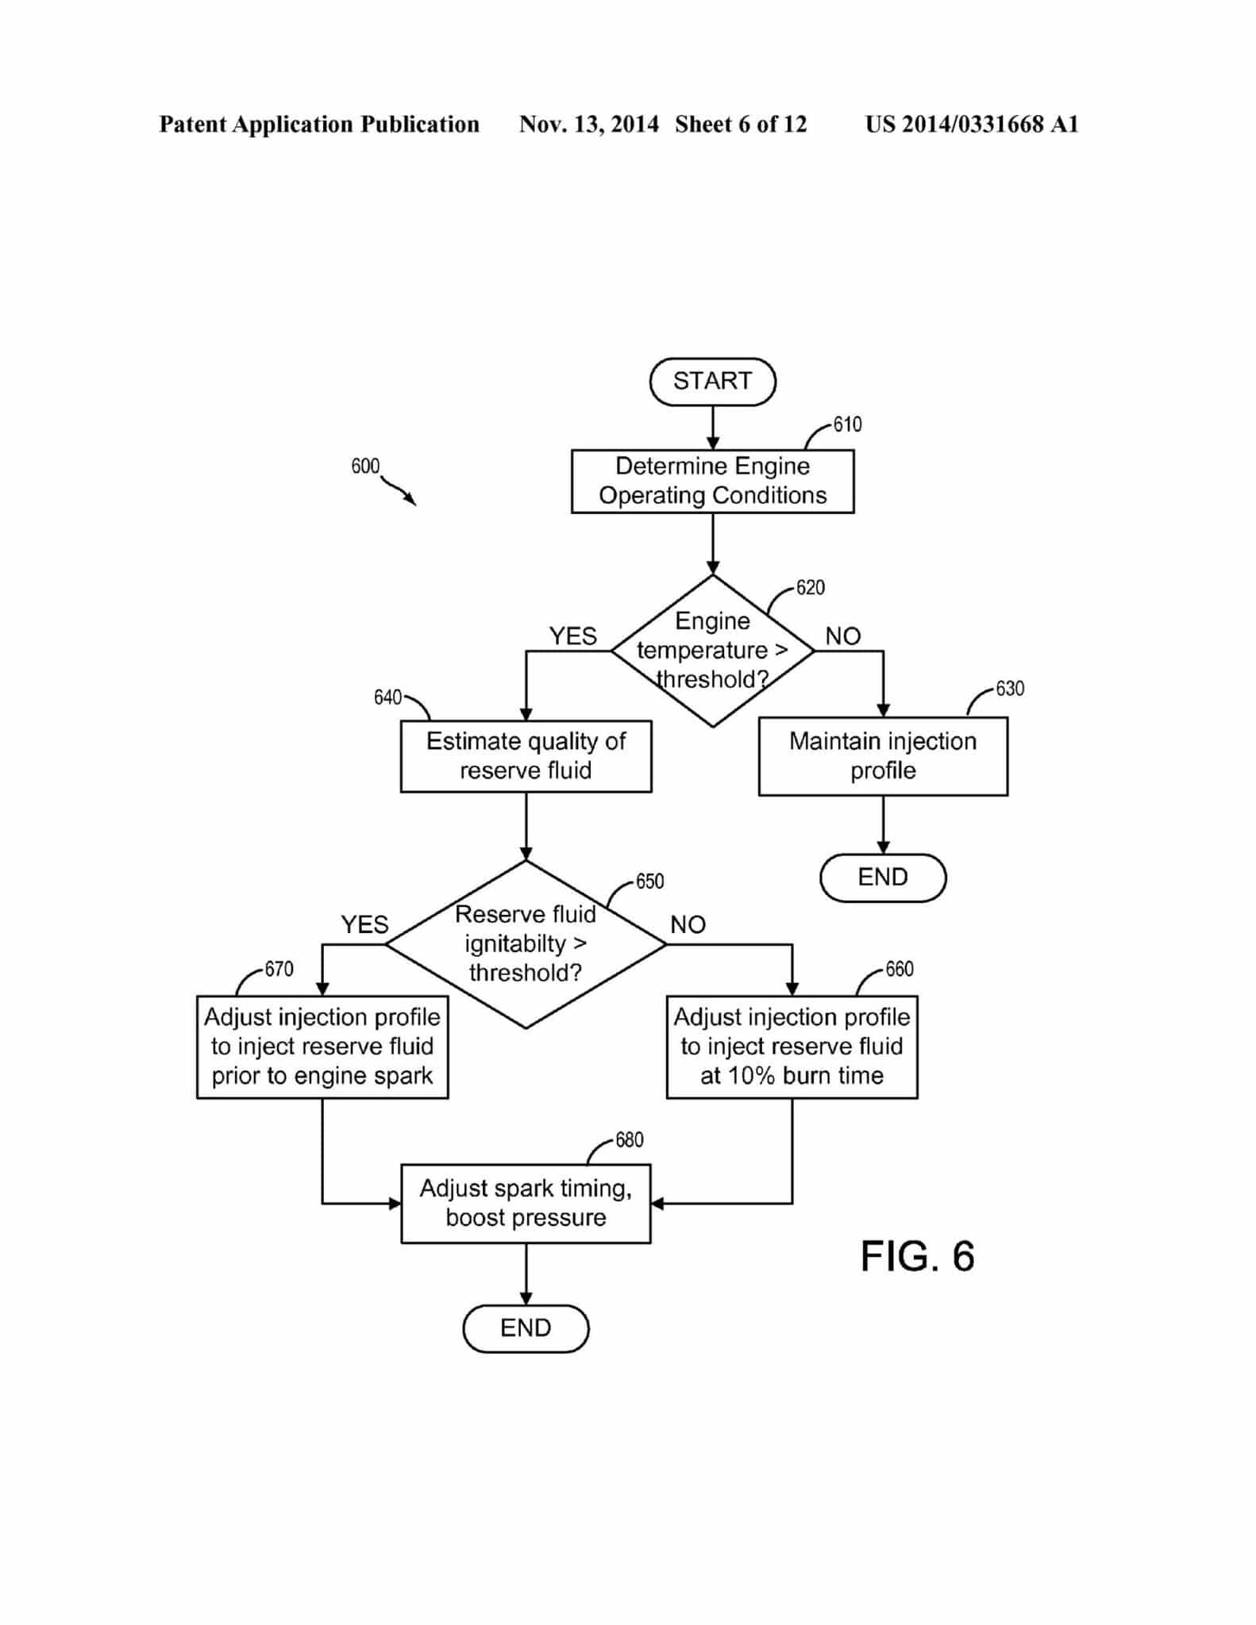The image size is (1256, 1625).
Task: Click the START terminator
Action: [x=712, y=382]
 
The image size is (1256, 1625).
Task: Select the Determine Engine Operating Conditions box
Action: [x=712, y=481]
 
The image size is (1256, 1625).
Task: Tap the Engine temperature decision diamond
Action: [x=712, y=651]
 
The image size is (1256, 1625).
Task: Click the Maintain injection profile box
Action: [x=883, y=756]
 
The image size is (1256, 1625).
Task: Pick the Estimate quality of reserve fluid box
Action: [x=526, y=756]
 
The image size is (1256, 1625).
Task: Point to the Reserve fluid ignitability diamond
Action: [x=526, y=944]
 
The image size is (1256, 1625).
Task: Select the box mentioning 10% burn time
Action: [x=792, y=1047]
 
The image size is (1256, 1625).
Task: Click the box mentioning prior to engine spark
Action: [x=322, y=1047]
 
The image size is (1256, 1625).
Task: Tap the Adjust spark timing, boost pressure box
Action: [x=526, y=1203]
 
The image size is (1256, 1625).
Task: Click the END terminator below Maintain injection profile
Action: [x=883, y=878]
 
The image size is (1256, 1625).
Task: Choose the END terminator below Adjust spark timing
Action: [x=526, y=1328]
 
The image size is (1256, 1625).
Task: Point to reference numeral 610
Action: [x=847, y=424]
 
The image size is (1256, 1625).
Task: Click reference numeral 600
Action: [x=365, y=466]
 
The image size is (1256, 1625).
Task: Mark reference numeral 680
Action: [x=629, y=1140]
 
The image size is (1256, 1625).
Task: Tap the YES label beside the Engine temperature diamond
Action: [x=572, y=636]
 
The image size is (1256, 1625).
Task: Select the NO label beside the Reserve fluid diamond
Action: [x=688, y=924]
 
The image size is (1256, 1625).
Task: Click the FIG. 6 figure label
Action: [x=917, y=1256]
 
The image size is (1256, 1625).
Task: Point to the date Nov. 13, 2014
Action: [x=588, y=125]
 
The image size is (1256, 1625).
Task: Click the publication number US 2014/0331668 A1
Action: [x=972, y=125]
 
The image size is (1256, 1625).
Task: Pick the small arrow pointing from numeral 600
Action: [x=399, y=491]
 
